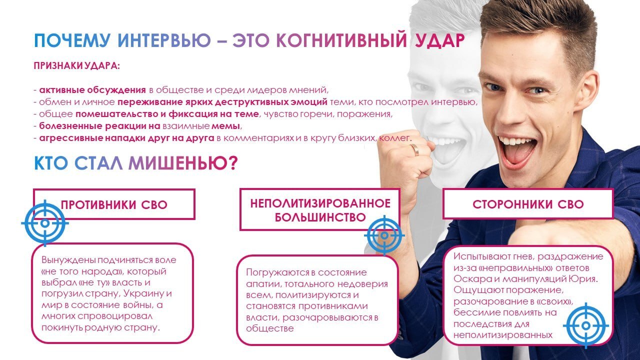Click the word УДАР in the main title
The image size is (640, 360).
pos(439,40)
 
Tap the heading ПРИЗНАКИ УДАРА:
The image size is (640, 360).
pos(77,65)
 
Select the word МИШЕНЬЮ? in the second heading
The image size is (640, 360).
pos(183,163)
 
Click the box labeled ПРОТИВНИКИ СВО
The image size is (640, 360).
pos(114,204)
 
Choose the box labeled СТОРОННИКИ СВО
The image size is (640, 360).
pos(528,204)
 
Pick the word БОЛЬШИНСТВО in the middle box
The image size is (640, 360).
pos(320,217)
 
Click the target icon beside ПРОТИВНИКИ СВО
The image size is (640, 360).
pos(45,223)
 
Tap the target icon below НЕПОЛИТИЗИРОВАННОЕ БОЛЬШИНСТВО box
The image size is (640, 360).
pos(384,235)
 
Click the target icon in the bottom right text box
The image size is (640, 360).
pos(585,325)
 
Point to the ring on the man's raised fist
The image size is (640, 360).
pos(414,149)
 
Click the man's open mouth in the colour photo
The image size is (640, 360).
pos(517,153)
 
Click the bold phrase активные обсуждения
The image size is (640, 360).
pos(92,90)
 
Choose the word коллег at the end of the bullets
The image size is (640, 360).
pos(395,138)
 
